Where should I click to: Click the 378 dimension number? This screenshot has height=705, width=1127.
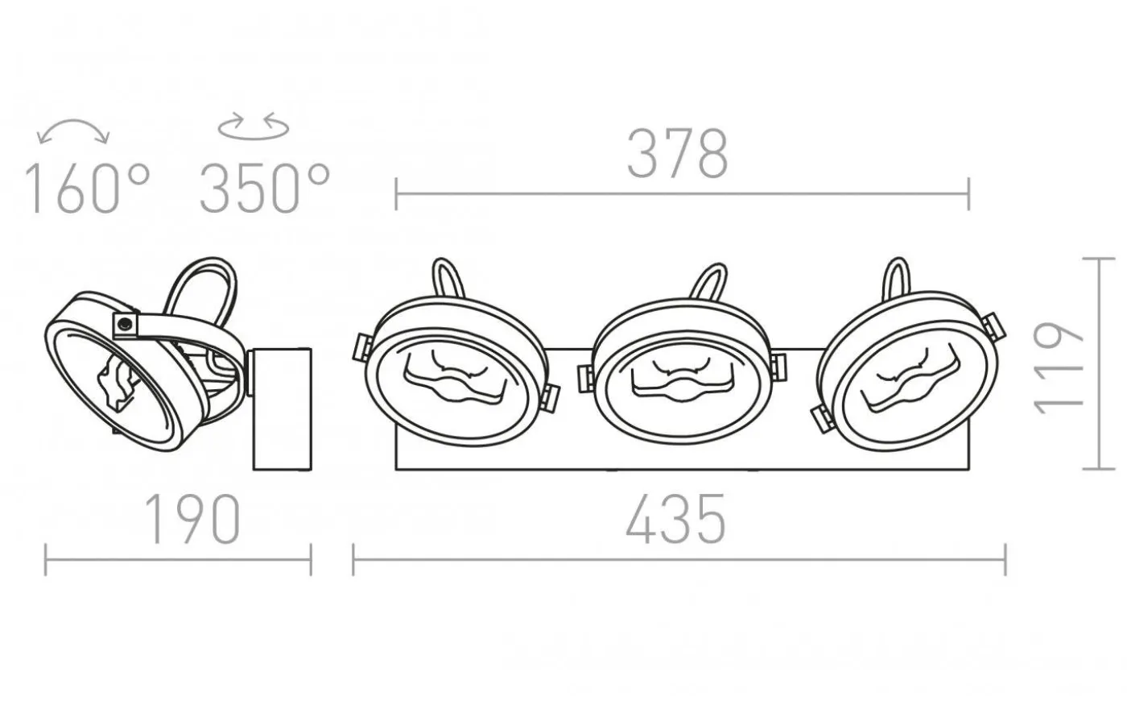point(677,154)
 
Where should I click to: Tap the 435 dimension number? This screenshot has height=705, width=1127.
point(675,519)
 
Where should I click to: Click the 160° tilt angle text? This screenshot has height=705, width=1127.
point(88,189)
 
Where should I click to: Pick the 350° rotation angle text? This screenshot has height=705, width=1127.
point(265,189)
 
